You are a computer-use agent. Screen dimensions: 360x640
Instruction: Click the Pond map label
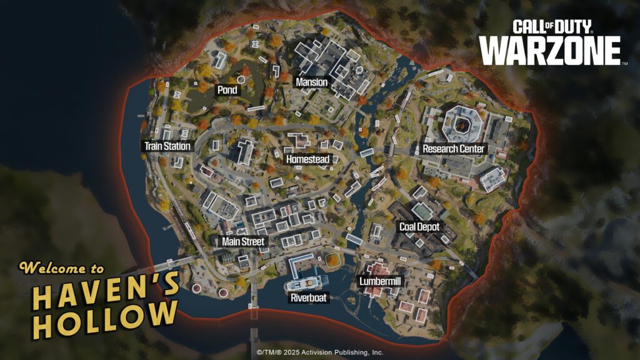coord(227,90)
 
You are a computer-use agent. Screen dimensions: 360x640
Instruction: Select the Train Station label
coord(167,146)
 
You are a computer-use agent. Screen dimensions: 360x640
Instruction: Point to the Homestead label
coord(307,159)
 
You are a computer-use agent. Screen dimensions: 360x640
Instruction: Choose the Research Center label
coord(453,149)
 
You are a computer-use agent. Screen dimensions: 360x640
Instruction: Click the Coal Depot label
coord(419,227)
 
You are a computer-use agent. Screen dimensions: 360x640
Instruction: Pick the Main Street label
coord(243,241)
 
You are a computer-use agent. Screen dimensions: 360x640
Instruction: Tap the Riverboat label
coord(309,298)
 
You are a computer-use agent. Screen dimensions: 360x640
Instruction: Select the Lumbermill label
coord(380,282)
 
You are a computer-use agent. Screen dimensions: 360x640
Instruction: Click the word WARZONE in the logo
coord(549,50)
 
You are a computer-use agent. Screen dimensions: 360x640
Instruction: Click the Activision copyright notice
coord(320,352)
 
